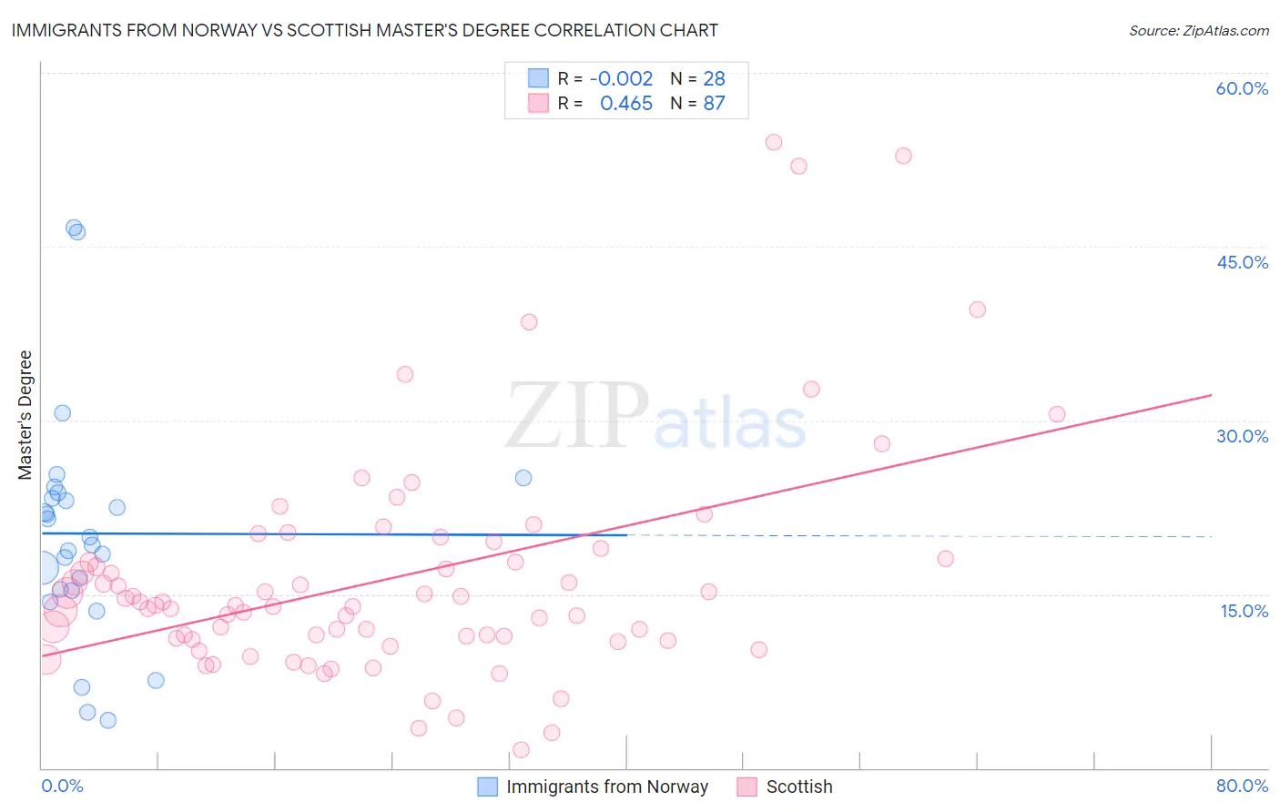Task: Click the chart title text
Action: click(364, 30)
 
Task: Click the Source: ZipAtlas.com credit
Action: click(1198, 30)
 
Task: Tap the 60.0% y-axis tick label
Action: click(1242, 88)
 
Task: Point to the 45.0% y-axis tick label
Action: click(1242, 262)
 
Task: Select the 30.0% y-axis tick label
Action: click(1242, 436)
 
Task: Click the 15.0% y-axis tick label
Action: click(1244, 610)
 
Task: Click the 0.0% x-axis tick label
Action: click(62, 786)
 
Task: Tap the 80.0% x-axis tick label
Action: click(1242, 786)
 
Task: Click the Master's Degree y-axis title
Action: click(25, 415)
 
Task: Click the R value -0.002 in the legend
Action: click(621, 79)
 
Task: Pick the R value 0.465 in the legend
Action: click(626, 104)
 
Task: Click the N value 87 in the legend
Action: click(714, 104)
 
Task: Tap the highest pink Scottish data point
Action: click(774, 142)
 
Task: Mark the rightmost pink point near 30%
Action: click(1057, 414)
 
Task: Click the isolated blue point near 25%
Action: click(523, 478)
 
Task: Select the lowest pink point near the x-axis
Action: click(522, 750)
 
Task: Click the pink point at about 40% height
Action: click(978, 310)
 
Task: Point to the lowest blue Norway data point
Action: click(108, 720)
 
